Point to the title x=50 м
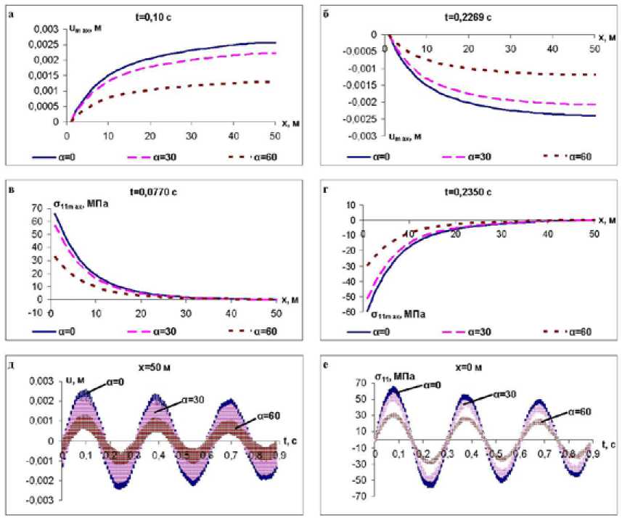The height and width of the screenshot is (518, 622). click(158, 366)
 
